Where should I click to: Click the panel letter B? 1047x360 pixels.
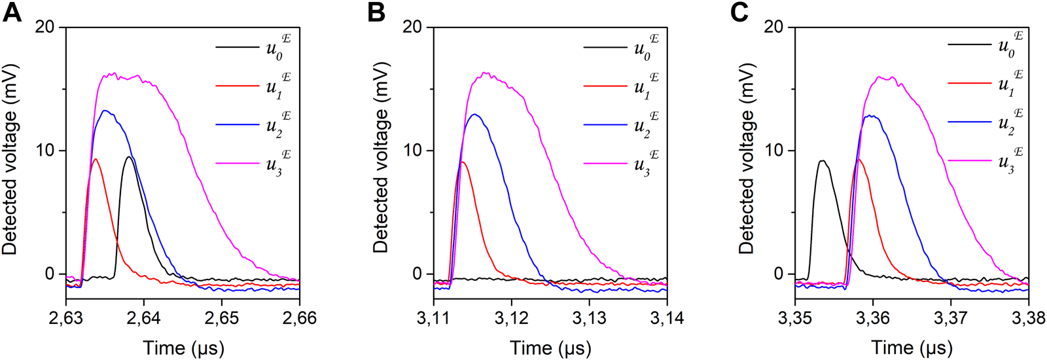[376, 13]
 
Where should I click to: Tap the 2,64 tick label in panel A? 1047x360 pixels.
[143, 319]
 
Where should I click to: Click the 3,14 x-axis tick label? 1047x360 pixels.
[667, 319]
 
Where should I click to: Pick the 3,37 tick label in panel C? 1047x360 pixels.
[950, 319]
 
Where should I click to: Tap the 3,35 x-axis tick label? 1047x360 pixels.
[795, 319]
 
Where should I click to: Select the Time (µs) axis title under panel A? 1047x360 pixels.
[183, 348]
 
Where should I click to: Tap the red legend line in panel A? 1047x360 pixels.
[237, 86]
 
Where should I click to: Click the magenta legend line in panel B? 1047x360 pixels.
[605, 163]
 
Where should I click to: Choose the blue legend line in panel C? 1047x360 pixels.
[969, 122]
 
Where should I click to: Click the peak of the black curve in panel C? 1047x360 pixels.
[823, 160]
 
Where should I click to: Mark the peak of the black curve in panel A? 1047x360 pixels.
[130, 156]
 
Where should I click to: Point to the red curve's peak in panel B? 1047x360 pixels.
[462, 161]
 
